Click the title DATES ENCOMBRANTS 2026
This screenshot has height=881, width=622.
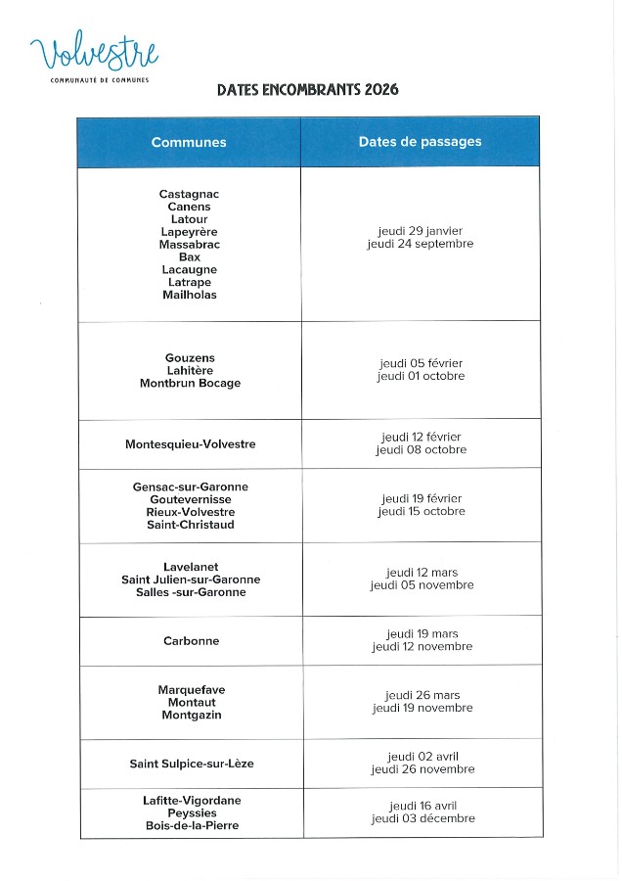coord(307,90)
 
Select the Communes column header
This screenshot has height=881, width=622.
coord(189,142)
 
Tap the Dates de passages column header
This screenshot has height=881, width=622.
coord(420,142)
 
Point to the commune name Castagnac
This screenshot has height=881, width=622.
coord(189,194)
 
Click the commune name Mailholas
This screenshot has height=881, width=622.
coord(190,295)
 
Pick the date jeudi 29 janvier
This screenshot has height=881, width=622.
coord(421,231)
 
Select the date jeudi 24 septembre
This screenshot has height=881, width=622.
coord(421,244)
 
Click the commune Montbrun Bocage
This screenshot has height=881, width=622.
coord(190,384)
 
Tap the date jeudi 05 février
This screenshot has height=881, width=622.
coord(421,363)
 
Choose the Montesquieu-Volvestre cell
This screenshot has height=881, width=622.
coord(191,444)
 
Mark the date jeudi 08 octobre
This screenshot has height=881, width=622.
coord(421,450)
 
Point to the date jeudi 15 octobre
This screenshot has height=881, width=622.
coord(422,512)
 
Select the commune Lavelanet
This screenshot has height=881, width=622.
coord(191,567)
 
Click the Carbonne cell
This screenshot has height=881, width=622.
coord(192,641)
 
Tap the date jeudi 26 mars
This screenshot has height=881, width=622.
coord(422,695)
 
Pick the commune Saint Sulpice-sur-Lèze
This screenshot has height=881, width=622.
coord(192,764)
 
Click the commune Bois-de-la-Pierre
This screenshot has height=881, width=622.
coord(192,825)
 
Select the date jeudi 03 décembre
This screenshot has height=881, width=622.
coord(422,818)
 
